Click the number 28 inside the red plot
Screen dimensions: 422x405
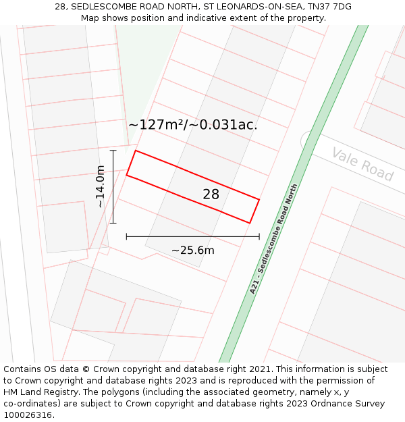point(211,194)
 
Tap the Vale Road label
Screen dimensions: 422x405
point(362,164)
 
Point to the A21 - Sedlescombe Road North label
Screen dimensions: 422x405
point(273,239)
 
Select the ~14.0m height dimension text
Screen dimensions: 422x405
point(101,186)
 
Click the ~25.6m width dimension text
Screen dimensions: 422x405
point(192,250)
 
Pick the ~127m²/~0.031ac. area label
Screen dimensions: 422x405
point(193,125)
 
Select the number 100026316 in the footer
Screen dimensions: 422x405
point(28,415)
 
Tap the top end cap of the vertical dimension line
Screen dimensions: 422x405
point(113,150)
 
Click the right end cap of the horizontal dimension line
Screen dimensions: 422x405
point(259,236)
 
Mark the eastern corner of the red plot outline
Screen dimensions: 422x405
point(259,199)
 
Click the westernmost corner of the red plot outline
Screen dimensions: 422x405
point(126,176)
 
